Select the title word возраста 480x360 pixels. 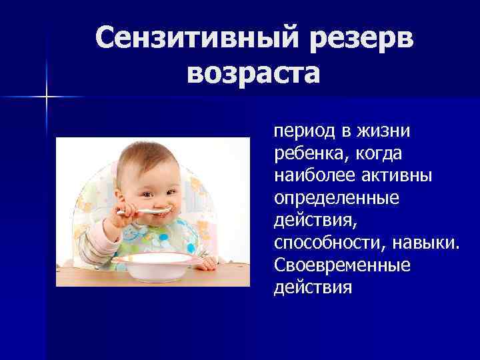click(254, 71)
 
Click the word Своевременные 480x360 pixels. click(341, 265)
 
